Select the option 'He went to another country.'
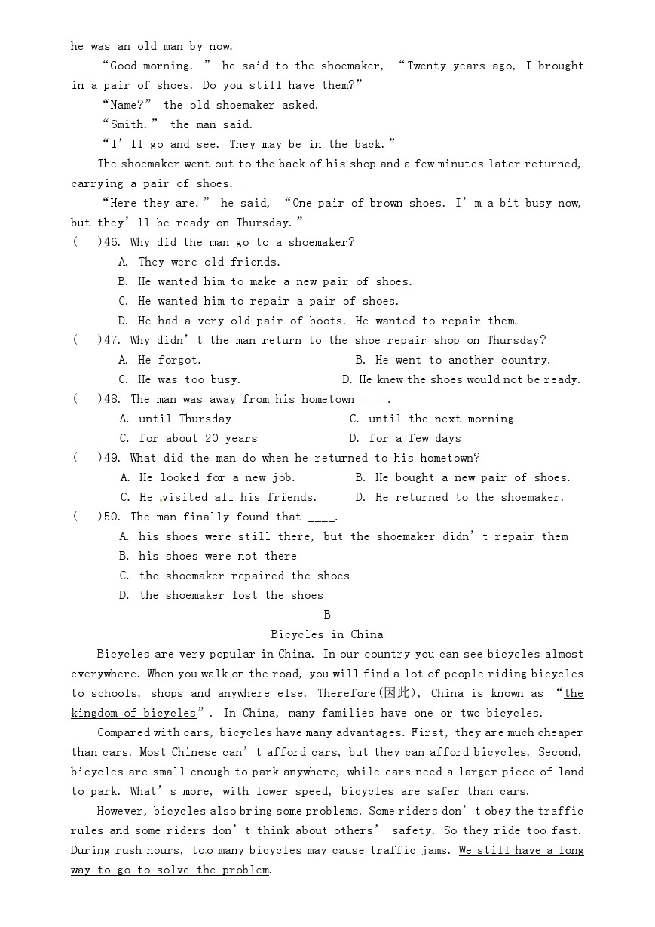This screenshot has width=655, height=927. click(462, 360)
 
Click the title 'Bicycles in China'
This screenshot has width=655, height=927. click(327, 634)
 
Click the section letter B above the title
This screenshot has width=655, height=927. click(327, 615)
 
